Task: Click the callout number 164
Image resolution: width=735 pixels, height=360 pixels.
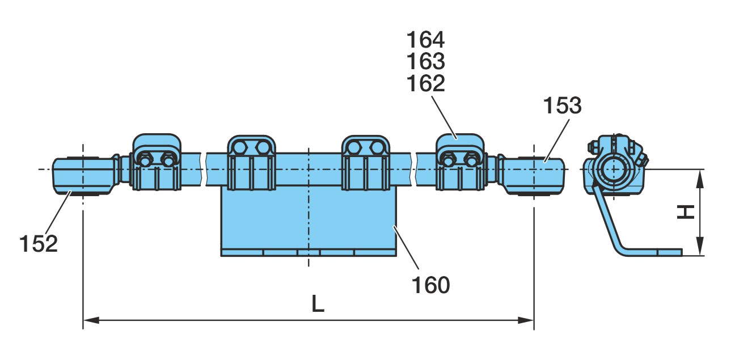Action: pos(425,40)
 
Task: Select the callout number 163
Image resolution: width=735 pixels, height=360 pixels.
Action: pos(425,61)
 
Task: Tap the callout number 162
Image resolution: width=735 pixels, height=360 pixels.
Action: pos(425,83)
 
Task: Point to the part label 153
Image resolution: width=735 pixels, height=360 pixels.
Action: pos(562,105)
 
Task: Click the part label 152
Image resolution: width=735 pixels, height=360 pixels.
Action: pos(39,244)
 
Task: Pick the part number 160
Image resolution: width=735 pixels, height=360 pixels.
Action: pos(430,285)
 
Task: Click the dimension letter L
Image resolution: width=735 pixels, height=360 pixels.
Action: pos(317,304)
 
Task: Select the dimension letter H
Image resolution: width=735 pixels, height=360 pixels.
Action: pos(686,212)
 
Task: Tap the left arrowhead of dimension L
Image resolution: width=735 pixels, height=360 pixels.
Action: pos(91,320)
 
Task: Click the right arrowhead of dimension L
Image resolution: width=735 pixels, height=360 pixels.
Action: pos(526,320)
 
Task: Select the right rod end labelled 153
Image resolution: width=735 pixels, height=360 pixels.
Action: pos(531,176)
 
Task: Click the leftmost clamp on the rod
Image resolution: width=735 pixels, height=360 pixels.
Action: pos(157,162)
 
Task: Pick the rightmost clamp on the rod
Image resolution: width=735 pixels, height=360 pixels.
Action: pos(460,162)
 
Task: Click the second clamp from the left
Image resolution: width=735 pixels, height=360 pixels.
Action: pos(251,163)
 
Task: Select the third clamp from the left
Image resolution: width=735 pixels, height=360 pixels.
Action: pos(366,163)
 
